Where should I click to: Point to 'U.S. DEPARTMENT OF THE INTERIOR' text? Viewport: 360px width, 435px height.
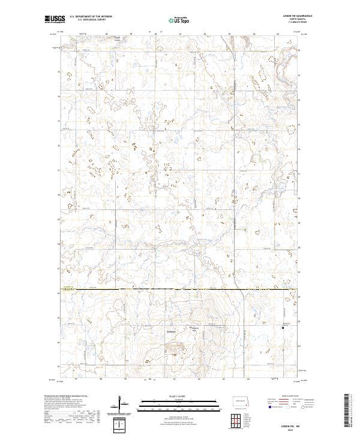point(90,16)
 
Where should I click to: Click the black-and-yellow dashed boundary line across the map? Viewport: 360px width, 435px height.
point(180,290)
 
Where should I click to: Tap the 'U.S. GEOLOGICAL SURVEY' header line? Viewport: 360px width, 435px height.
point(84,19)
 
